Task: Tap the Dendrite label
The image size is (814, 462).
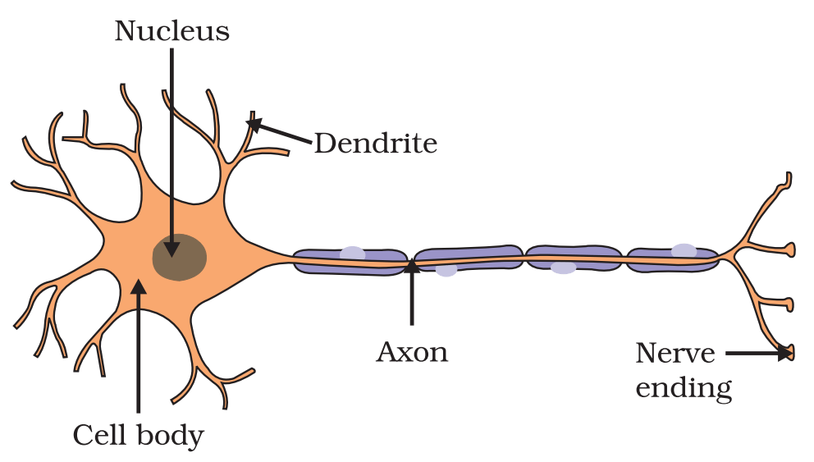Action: (376, 144)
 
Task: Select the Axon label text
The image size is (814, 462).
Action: (412, 352)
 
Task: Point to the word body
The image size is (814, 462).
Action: (170, 436)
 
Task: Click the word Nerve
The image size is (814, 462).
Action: (675, 354)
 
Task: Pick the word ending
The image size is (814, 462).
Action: (684, 387)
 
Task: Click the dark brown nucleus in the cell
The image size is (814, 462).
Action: (180, 257)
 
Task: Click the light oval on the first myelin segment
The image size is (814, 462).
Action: (353, 254)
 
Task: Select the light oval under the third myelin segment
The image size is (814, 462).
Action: (564, 268)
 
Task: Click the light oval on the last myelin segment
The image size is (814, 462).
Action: (684, 250)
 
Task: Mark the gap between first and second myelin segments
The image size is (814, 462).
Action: (411, 261)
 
